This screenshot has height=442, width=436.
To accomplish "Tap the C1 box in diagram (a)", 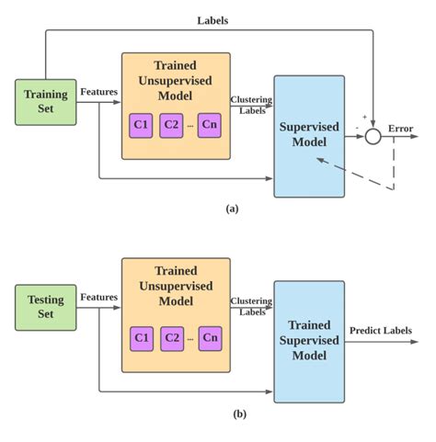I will (x=141, y=124).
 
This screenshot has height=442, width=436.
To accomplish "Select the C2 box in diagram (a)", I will (x=171, y=124).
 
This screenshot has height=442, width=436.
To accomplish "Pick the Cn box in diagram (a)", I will (x=210, y=124).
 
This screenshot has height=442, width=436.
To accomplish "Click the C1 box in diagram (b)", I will (x=141, y=337).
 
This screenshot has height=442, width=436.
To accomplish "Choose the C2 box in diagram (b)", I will (x=172, y=337).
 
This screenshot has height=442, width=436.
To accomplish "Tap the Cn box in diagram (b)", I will (x=211, y=337).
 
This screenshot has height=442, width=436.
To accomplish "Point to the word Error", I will (x=400, y=129).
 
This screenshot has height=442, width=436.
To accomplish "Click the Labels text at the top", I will (x=213, y=19).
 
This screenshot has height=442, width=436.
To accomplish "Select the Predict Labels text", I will (x=381, y=331).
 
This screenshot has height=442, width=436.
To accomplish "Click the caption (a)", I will (x=232, y=209).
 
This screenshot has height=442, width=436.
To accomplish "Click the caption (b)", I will (x=239, y=414).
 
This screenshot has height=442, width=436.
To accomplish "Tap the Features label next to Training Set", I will (x=98, y=91).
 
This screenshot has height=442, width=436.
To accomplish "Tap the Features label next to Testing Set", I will (x=98, y=297).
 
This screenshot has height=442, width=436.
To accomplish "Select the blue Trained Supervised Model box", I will (x=308, y=339).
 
